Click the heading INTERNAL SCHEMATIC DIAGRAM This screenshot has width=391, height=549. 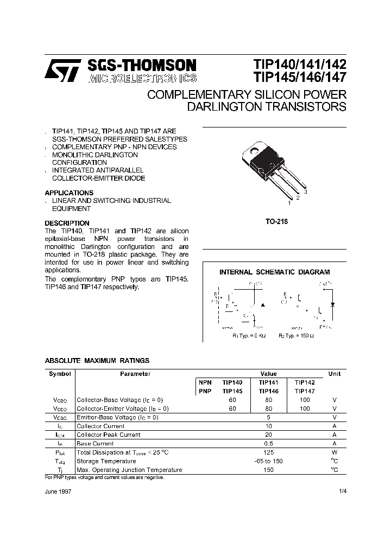click(274, 272)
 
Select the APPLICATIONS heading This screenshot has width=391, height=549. click(69, 193)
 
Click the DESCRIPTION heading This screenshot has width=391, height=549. click(67, 223)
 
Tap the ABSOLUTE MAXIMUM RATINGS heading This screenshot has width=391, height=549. click(97, 360)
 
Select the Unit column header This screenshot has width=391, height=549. click(335, 374)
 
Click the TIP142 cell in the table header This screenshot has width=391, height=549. click(305, 382)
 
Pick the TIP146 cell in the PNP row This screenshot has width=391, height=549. click(268, 391)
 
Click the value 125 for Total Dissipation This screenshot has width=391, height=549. click(268, 452)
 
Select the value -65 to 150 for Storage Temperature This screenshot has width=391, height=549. click(268, 461)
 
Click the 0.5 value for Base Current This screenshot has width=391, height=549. click(268, 443)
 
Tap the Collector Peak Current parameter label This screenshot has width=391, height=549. click(108, 435)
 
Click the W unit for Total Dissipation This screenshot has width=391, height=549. click(335, 452)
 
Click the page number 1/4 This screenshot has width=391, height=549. click(342, 490)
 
